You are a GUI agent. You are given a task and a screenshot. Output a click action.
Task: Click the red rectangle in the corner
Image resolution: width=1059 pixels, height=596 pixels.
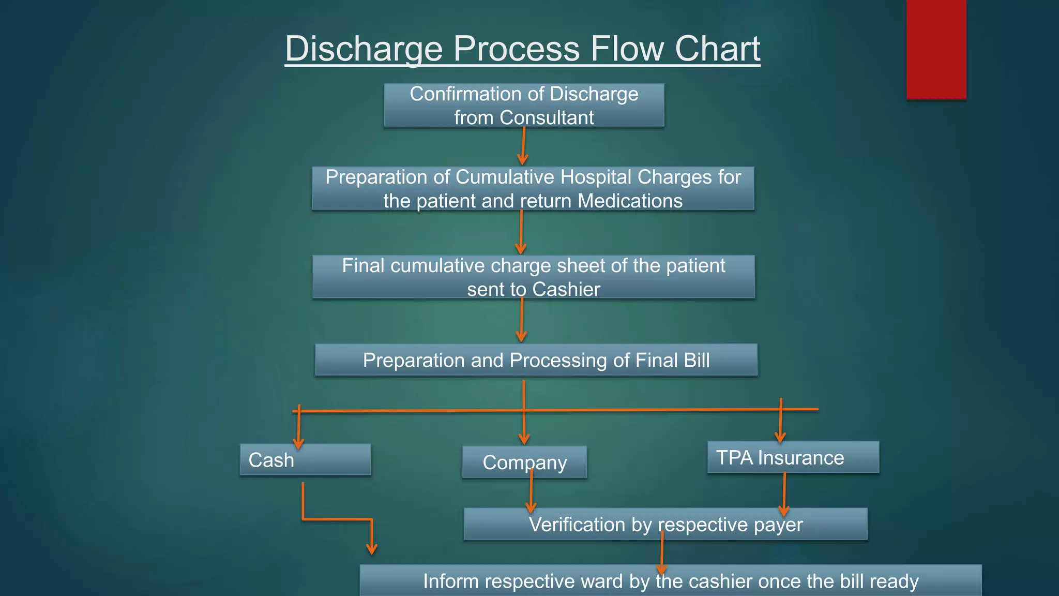936,49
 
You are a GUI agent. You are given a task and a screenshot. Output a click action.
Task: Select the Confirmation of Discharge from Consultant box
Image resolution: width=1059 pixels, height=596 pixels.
524,105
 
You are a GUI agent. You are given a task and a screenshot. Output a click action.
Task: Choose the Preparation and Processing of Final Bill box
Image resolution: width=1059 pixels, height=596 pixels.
536,360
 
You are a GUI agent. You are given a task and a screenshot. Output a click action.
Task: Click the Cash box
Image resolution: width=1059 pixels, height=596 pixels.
305,460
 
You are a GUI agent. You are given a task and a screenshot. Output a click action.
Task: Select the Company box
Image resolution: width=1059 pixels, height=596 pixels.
524,462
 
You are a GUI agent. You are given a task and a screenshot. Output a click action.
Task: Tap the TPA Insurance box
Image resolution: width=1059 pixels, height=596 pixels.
793,457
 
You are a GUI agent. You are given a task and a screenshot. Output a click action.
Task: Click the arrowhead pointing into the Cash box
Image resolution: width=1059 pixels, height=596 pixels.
298,443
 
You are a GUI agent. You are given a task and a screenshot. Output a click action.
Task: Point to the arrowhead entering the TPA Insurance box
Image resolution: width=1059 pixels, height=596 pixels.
780,437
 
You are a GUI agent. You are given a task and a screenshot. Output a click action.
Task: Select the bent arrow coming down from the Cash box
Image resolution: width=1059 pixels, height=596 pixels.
336,519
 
